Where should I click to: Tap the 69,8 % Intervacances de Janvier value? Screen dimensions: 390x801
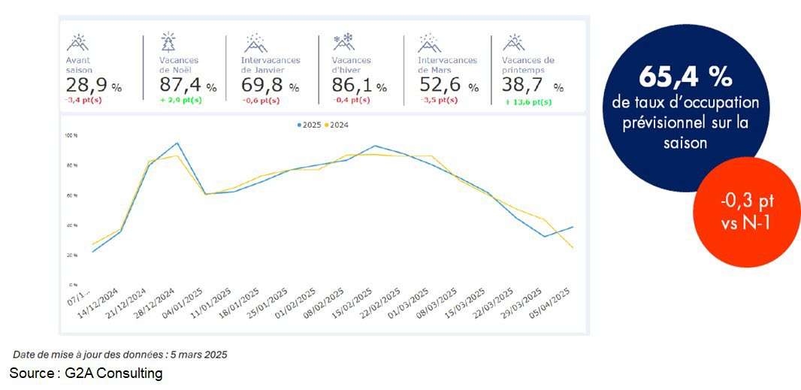(270, 86)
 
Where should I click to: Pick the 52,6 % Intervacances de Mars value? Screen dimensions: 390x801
(449, 86)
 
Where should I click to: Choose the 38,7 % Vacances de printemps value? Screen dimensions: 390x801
(532, 86)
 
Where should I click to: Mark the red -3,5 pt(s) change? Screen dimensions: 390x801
(438, 100)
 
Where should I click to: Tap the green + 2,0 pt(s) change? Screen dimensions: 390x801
(180, 100)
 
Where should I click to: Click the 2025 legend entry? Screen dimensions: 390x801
(310, 125)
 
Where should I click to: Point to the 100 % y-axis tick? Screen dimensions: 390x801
(71, 136)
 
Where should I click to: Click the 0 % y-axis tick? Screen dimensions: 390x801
(73, 285)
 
